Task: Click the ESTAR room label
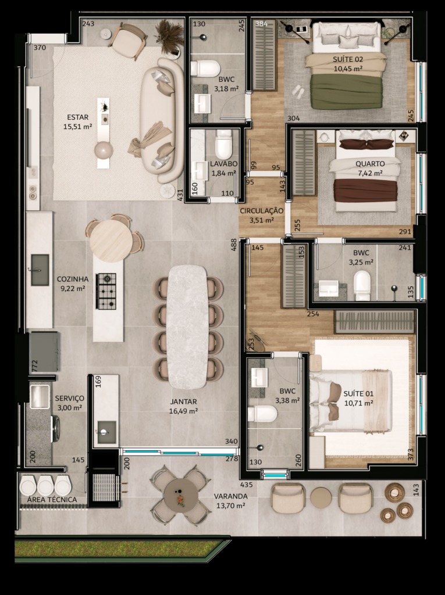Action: pyautogui.click(x=77, y=117)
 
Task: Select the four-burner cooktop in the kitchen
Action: pyautogui.click(x=106, y=291)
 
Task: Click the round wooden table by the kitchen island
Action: pyautogui.click(x=111, y=241)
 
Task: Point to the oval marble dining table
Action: pyautogui.click(x=187, y=327)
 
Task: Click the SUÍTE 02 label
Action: pyautogui.click(x=348, y=59)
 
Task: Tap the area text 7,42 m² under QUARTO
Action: pyautogui.click(x=370, y=173)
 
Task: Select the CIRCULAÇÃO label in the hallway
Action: pyautogui.click(x=261, y=210)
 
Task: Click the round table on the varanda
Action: pyautogui.click(x=181, y=496)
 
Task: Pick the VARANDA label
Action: pyautogui.click(x=230, y=496)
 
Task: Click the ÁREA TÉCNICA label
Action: pyautogui.click(x=52, y=500)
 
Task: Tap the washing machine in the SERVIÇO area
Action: pyautogui.click(x=55, y=429)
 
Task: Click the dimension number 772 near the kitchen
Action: pyautogui.click(x=34, y=366)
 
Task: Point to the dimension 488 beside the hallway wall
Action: pyautogui.click(x=234, y=245)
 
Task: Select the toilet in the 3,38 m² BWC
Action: pyautogui.click(x=262, y=414)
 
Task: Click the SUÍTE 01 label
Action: pyautogui.click(x=358, y=393)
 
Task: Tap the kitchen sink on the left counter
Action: pyautogui.click(x=40, y=270)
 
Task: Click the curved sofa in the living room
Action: pyautogui.click(x=161, y=120)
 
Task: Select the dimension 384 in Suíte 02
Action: pyautogui.click(x=261, y=23)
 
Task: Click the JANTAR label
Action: pyautogui.click(x=183, y=402)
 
